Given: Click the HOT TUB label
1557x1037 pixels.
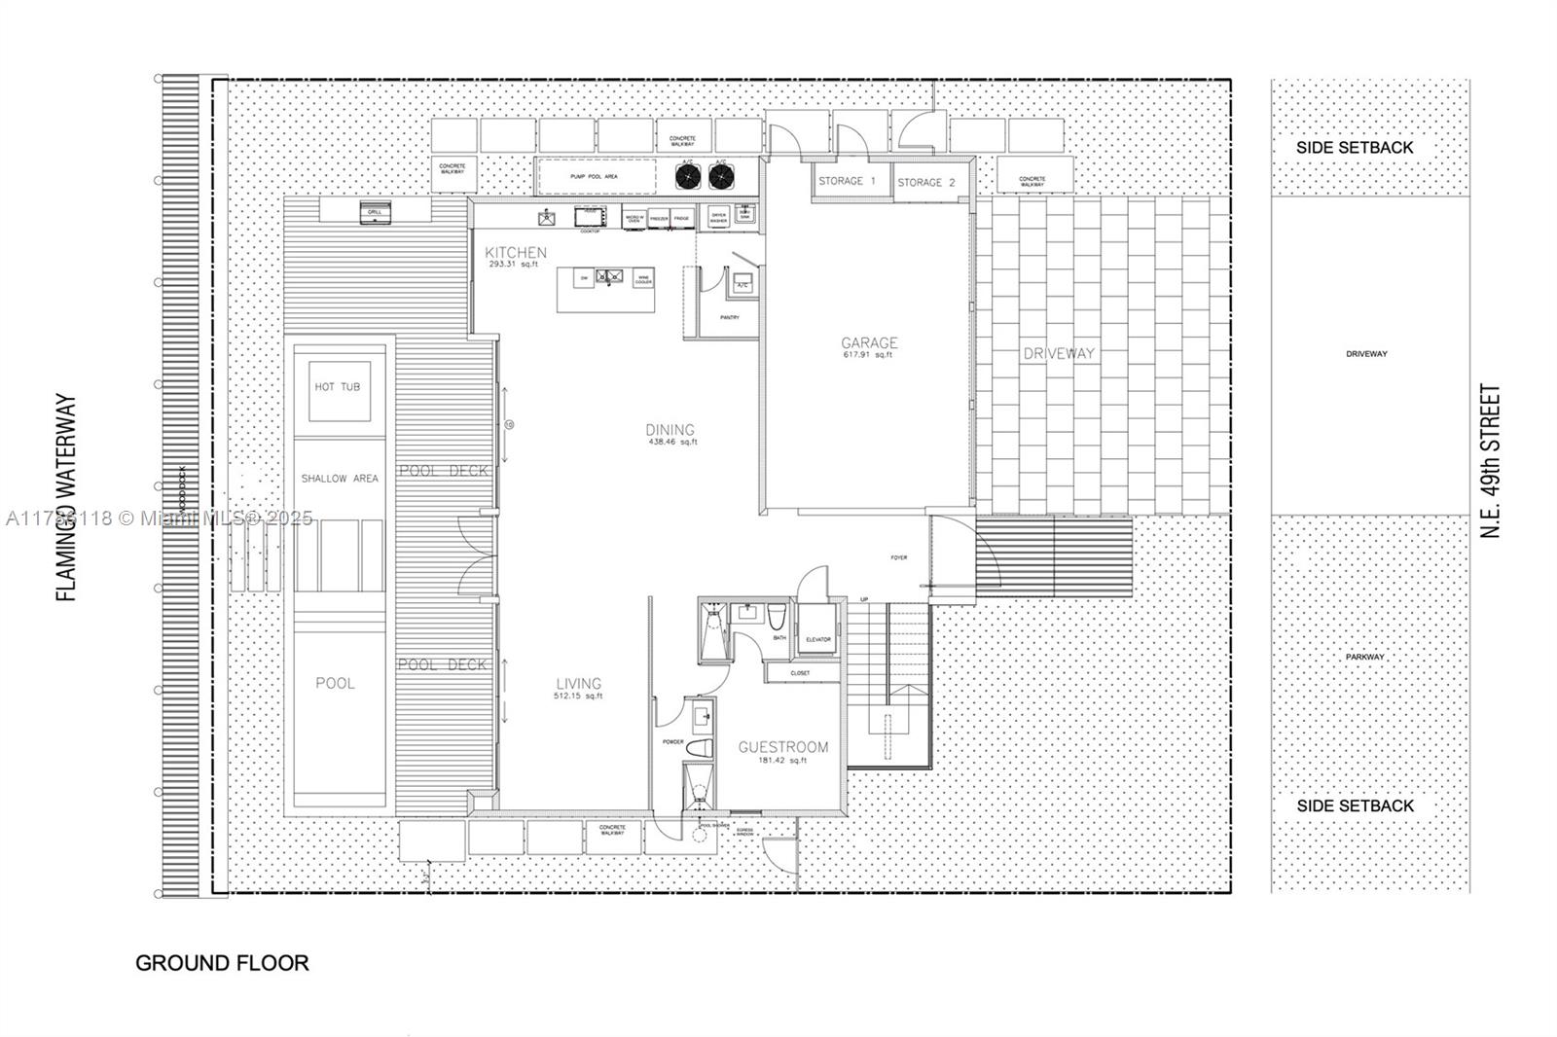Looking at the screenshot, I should pos(337,386).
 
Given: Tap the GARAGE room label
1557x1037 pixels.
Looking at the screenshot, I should pos(869,342).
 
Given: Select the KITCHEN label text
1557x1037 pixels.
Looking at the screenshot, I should pos(516,253).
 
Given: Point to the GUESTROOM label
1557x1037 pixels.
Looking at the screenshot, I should pos(783,747).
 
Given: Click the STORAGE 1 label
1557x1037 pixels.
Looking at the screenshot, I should pos(847,181).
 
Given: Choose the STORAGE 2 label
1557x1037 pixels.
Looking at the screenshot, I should pos(925,182).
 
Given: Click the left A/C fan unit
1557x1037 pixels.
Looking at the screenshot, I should pos(688,176).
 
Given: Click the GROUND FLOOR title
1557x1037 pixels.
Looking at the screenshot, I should pos(222,963).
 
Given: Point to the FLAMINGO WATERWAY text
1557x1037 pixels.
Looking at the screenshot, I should pos(66,497).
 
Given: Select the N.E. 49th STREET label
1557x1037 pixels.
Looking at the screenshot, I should pos(1491,461).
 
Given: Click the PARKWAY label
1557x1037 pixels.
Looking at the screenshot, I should pos(1365,657).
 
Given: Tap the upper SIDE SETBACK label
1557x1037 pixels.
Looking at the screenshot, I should pos(1355,148).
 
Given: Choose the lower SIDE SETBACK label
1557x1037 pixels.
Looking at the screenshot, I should pos(1355,805).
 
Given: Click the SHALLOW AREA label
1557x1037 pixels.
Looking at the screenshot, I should pos(339,479).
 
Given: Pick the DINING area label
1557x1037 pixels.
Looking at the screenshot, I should pos(670,430).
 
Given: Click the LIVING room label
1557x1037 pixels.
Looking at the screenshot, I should pos(578,684).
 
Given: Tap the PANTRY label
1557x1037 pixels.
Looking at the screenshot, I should pos(729,317).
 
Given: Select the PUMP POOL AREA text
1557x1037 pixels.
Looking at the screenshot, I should pos(594,177).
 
